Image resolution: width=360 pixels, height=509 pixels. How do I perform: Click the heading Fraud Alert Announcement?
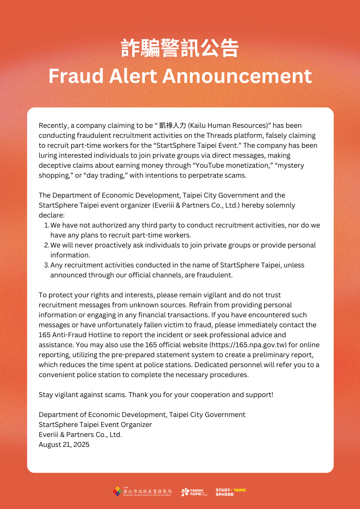pyautogui.click(x=180, y=76)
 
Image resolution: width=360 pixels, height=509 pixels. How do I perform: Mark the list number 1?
pyautogui.click(x=46, y=225)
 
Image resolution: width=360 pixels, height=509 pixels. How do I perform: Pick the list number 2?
pyautogui.click(x=46, y=245)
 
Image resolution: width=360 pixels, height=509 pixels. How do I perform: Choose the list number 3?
pyautogui.click(x=46, y=265)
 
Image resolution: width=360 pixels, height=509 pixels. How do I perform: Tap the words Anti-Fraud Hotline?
pyautogui.click(x=81, y=335)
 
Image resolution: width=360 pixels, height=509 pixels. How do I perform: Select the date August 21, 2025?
pyautogui.click(x=64, y=445)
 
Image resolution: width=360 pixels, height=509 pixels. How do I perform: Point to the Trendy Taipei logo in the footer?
pyautogui.click(x=193, y=492)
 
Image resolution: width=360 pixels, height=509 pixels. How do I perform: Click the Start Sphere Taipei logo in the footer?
pyautogui.click(x=230, y=492)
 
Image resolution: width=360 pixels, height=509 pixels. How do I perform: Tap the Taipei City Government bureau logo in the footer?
pyautogui.click(x=142, y=492)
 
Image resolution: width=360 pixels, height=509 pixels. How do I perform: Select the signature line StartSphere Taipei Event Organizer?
pyautogui.click(x=95, y=425)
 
